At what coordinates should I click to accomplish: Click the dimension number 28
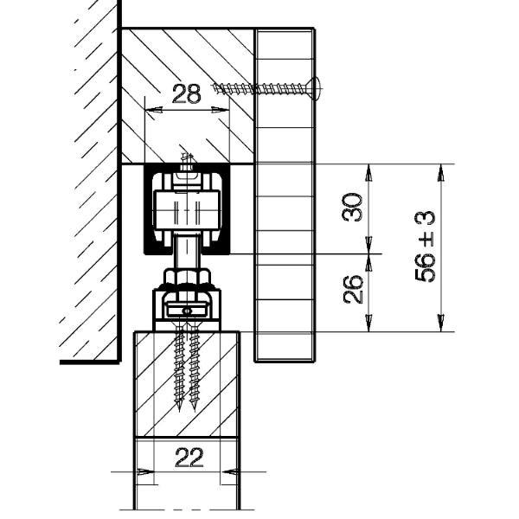186,93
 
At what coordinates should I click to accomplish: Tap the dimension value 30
352,208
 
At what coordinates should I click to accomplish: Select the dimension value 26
352,289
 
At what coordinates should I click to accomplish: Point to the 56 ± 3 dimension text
425,247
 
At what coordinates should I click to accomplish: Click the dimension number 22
189,458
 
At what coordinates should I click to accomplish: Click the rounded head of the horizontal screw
315,88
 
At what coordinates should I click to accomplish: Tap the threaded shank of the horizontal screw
260,88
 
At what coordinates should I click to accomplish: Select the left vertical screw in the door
180,368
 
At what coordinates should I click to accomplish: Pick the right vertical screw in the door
194,368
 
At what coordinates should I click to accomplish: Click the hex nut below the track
187,277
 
